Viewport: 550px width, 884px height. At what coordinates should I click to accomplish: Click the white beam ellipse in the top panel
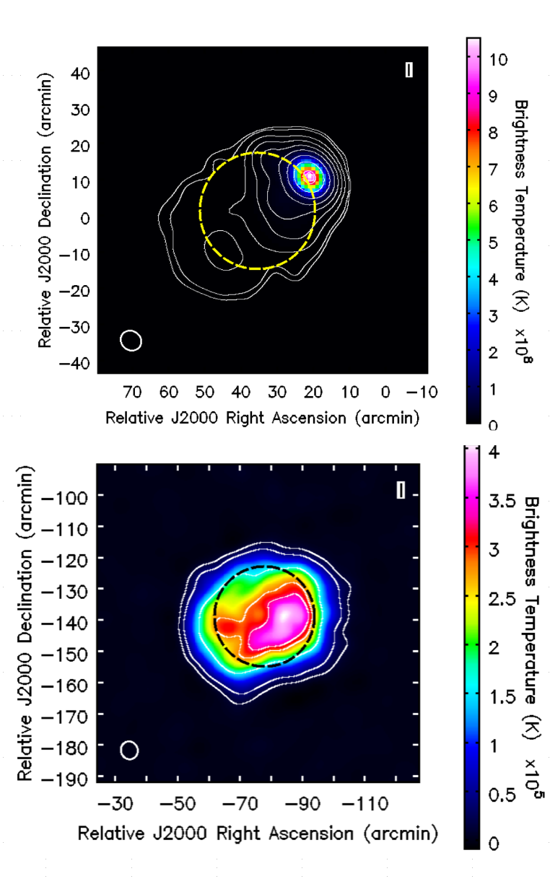point(131,340)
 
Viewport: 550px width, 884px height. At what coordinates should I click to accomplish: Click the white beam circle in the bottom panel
point(129,750)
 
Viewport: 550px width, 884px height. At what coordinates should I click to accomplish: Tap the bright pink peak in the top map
point(310,176)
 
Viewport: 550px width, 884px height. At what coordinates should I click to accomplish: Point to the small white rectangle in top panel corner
point(409,69)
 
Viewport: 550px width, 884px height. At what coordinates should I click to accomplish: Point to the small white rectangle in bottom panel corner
point(401,490)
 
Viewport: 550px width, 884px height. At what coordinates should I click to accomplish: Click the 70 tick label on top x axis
point(132,392)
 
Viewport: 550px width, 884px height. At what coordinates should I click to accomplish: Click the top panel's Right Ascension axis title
point(262,418)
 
